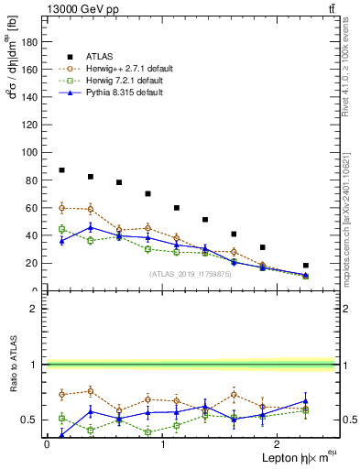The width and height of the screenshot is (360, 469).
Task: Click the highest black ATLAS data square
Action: click(x=61, y=170)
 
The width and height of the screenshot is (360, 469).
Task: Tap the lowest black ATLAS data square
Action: click(x=306, y=266)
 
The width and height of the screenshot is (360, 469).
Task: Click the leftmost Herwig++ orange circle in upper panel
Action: click(x=61, y=208)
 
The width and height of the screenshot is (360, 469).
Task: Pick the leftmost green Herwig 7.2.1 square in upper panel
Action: click(x=61, y=229)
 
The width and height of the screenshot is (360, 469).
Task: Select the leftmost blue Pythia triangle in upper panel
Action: click(x=61, y=241)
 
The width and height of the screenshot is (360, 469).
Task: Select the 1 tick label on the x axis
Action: click(x=163, y=444)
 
